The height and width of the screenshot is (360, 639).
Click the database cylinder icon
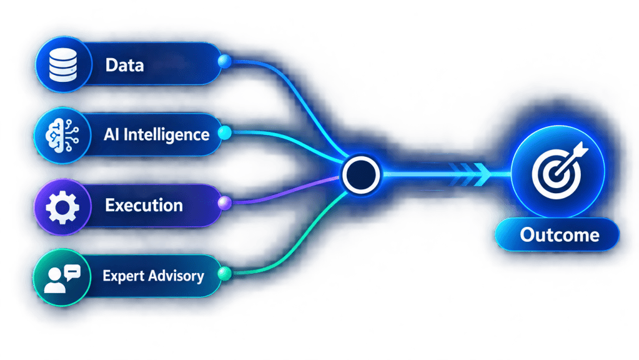(62, 64)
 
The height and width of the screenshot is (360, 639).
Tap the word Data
(125, 65)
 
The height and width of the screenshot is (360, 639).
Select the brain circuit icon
(62, 136)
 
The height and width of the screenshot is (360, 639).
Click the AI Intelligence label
(157, 135)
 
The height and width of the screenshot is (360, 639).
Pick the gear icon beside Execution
(62, 207)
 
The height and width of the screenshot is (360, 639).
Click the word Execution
(144, 206)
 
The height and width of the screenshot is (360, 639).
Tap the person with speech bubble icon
(62, 279)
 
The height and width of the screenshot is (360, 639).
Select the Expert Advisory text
(153, 276)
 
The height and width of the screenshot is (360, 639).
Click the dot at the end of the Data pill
(224, 62)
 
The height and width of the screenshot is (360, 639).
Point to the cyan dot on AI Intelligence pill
(224, 132)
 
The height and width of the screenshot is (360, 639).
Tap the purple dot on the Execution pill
(224, 202)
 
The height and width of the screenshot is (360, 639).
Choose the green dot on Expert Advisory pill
(224, 273)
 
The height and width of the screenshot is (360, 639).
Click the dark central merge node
(361, 174)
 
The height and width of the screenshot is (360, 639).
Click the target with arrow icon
(558, 171)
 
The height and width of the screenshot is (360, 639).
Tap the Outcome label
(559, 235)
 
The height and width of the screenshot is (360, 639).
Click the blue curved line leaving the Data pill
(297, 101)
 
